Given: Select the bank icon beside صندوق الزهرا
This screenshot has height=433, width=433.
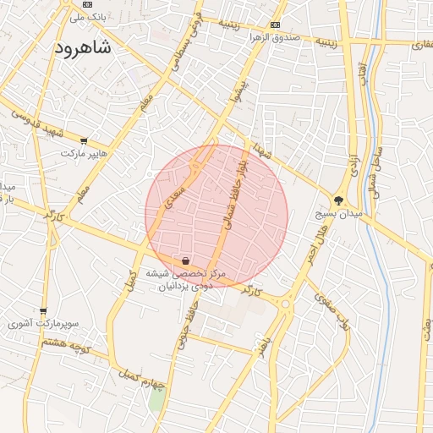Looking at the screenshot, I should pos(275,25).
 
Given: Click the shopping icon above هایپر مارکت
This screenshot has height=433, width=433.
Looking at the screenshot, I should pos(83,140).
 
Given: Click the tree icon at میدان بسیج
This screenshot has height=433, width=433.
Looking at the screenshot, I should pos(339,200).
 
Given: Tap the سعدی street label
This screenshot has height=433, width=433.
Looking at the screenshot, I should pos(180,181).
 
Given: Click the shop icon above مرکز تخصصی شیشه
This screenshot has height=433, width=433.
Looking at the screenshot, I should pos(185,260).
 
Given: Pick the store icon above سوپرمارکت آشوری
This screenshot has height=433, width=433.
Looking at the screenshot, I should pos(43,310).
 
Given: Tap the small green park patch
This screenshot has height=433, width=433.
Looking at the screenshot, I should pos(156,400).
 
